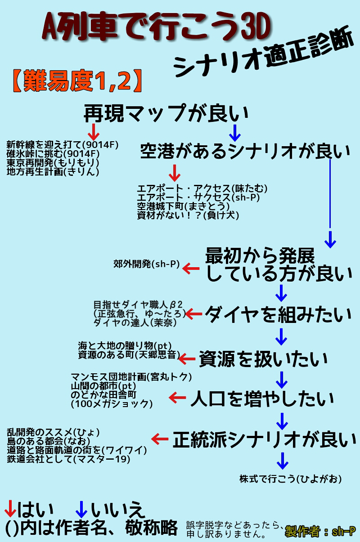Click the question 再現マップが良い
[x=166, y=113]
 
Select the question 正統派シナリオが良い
[x=264, y=440]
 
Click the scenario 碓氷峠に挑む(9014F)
[x=53, y=153]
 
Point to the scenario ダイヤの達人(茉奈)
[x=135, y=323]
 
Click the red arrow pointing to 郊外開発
[x=191, y=269]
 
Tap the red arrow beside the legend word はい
[x=10, y=510]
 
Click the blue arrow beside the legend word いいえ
[x=81, y=510]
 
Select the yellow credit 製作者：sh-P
[x=320, y=532]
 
